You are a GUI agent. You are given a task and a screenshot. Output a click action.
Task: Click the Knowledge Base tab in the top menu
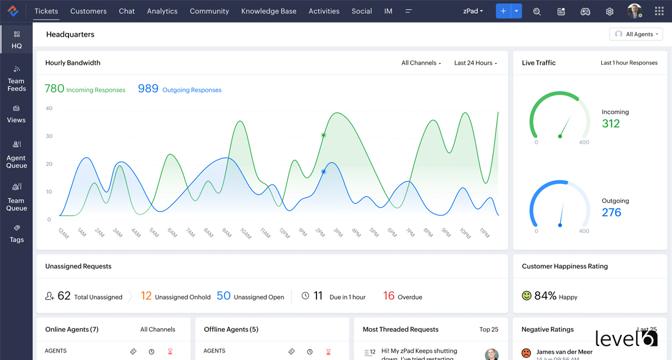pyautogui.click(x=269, y=11)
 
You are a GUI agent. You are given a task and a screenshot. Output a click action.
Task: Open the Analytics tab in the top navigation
pyautogui.click(x=162, y=11)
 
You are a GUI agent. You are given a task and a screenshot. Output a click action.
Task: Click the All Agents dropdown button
pyautogui.click(x=637, y=34)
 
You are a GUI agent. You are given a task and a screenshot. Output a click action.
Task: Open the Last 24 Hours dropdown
pyautogui.click(x=475, y=63)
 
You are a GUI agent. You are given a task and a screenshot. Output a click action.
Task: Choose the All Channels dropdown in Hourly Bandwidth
pyautogui.click(x=421, y=63)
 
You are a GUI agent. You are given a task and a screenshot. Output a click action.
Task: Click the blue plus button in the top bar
pyautogui.click(x=503, y=11)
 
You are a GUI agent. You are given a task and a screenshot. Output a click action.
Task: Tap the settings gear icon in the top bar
pyautogui.click(x=609, y=12)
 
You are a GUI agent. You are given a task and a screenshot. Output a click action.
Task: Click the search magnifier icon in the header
pyautogui.click(x=537, y=12)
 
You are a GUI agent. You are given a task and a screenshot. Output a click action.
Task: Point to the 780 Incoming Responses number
pyautogui.click(x=54, y=89)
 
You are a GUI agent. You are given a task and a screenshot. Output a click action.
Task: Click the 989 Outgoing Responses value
pyautogui.click(x=148, y=89)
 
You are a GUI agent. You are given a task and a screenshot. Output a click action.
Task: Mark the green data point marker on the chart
pyautogui.click(x=324, y=135)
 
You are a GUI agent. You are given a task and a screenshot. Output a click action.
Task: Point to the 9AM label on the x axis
pyautogui.click(x=227, y=232)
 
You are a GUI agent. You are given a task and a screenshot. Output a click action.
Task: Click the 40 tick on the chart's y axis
pyautogui.click(x=49, y=108)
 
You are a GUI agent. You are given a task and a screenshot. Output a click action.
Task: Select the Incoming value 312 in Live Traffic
pyautogui.click(x=611, y=123)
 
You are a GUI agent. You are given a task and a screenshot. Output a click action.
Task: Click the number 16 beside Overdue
pyautogui.click(x=389, y=296)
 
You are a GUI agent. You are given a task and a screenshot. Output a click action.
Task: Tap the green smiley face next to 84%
pyautogui.click(x=527, y=296)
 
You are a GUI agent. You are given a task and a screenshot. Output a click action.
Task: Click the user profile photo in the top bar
pyautogui.click(x=634, y=11)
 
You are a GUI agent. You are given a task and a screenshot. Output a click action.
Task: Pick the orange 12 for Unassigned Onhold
pyautogui.click(x=146, y=296)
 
